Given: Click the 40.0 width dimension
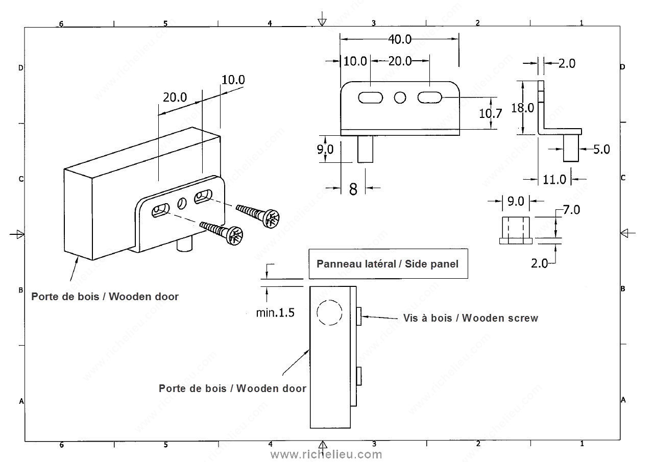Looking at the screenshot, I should pyautogui.click(x=400, y=39).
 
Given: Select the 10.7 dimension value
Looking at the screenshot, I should pyautogui.click(x=490, y=113).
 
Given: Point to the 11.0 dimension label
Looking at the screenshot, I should pyautogui.click(x=554, y=179).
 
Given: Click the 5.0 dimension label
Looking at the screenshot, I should pyautogui.click(x=601, y=149).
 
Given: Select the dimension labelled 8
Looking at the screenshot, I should pyautogui.click(x=353, y=188).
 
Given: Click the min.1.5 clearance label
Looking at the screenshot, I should pyautogui.click(x=275, y=312).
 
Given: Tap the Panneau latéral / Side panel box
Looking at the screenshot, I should pyautogui.click(x=388, y=263).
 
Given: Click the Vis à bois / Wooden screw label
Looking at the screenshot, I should pyautogui.click(x=470, y=318).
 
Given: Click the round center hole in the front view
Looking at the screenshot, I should pyautogui.click(x=400, y=97).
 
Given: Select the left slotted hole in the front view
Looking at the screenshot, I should pyautogui.click(x=371, y=97).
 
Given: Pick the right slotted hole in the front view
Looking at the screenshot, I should pyautogui.click(x=430, y=97).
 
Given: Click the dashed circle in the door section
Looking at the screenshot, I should pyautogui.click(x=328, y=312).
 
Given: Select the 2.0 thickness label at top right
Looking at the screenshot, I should pyautogui.click(x=566, y=63).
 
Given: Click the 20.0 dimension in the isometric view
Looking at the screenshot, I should pyautogui.click(x=175, y=97).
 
